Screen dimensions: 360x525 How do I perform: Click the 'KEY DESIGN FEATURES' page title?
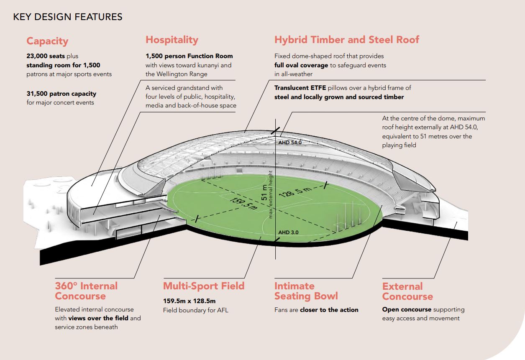(x=68, y=17)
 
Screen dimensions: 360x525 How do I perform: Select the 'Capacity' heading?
(x=47, y=41)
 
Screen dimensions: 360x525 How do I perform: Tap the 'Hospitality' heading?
(x=172, y=40)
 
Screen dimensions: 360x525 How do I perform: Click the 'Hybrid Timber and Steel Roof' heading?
(x=347, y=40)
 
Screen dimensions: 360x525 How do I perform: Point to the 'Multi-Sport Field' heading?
(x=204, y=286)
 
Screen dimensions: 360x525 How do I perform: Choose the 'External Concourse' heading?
(x=407, y=291)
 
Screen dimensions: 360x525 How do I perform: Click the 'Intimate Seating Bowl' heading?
(x=306, y=291)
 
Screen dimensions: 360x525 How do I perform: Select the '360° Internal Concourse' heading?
(x=86, y=291)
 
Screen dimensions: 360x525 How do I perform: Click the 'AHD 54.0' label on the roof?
(x=290, y=143)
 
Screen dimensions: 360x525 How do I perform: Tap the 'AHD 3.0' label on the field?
(x=288, y=232)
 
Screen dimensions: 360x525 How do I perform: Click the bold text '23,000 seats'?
(x=46, y=56)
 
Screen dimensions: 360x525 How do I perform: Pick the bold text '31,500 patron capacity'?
(x=61, y=94)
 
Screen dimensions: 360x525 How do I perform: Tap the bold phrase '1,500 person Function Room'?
(x=189, y=56)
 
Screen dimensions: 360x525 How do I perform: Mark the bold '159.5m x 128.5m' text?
(x=190, y=301)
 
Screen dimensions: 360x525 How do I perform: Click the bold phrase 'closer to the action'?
(x=329, y=310)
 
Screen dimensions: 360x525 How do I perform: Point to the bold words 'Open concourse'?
(x=407, y=309)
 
